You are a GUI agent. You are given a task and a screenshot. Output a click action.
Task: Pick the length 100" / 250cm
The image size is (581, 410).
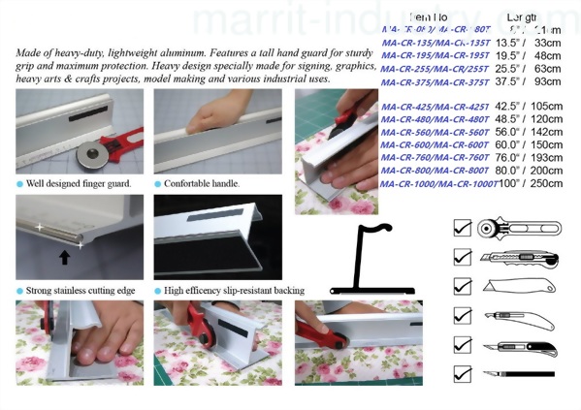(x=525, y=183)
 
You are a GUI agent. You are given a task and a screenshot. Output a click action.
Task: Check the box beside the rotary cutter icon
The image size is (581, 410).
(x=463, y=229)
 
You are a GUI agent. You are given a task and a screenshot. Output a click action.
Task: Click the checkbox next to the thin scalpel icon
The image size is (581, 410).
(x=463, y=373)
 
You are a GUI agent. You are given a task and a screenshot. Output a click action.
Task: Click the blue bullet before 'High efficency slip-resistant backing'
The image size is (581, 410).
(x=158, y=290)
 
